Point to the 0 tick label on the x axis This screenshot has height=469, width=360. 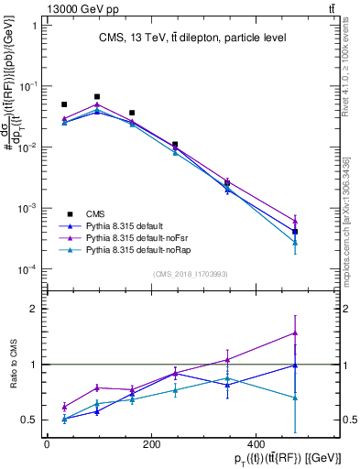pos(47,444)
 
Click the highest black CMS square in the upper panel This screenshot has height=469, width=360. pos(97,96)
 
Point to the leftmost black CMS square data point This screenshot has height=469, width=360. pos(64,104)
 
